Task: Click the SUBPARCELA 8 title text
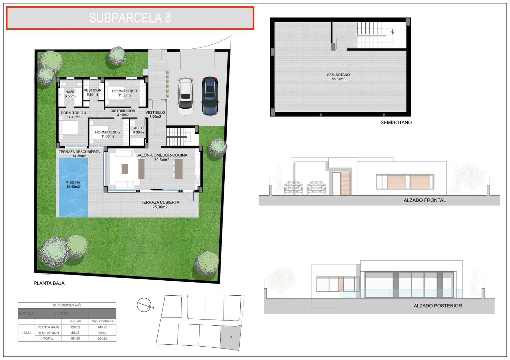(x=130, y=18)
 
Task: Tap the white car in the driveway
(x=186, y=96)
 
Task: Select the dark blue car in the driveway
(x=210, y=96)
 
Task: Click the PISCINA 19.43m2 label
(x=73, y=184)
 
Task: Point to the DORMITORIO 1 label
(x=124, y=93)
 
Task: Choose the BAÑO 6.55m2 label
(x=70, y=94)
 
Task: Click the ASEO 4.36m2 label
(x=139, y=130)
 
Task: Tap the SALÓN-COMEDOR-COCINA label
(x=162, y=157)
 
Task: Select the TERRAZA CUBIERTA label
(x=160, y=205)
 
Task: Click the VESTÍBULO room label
(x=155, y=114)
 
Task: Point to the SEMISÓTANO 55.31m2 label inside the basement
(x=338, y=77)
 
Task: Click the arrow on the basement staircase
(x=393, y=31)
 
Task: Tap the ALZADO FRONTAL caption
(x=425, y=200)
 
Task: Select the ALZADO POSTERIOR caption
(x=437, y=306)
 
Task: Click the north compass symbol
(x=144, y=305)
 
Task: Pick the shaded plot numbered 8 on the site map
(x=230, y=337)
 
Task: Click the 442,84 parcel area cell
(x=26, y=333)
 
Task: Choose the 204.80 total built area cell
(x=102, y=339)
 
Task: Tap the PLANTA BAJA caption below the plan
(x=49, y=283)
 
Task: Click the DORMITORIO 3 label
(x=73, y=115)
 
